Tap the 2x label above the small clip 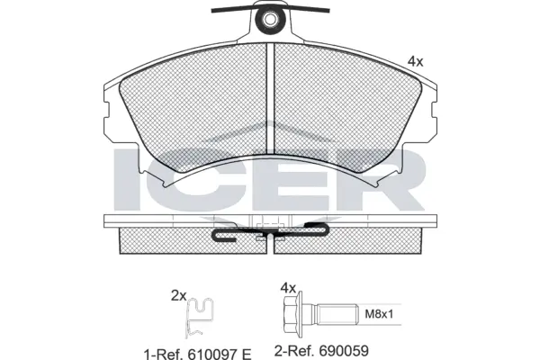pyautogui.click(x=179, y=294)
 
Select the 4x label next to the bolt pyautogui.click(x=287, y=288)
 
